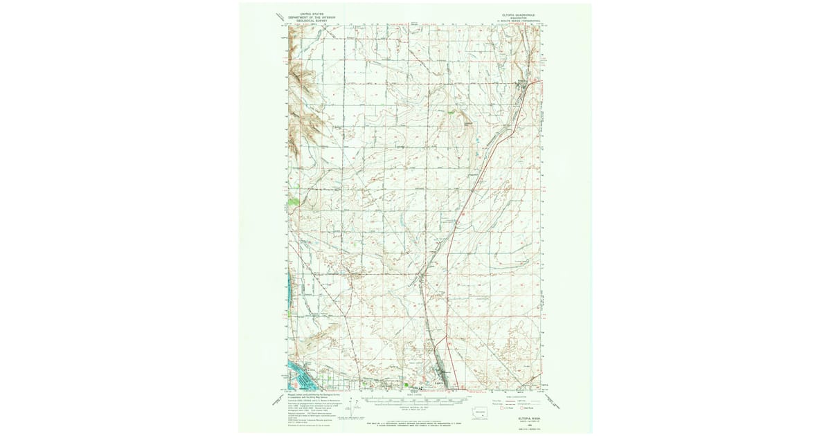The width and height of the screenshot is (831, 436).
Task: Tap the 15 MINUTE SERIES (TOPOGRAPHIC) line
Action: [519, 21]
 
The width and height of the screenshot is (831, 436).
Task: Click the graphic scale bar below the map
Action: [415, 399]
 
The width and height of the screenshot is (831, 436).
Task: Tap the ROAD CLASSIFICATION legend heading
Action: [517, 396]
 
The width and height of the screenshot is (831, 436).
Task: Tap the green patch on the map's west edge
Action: [294, 201]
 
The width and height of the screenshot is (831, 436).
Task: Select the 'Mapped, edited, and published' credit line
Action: [308, 396]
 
